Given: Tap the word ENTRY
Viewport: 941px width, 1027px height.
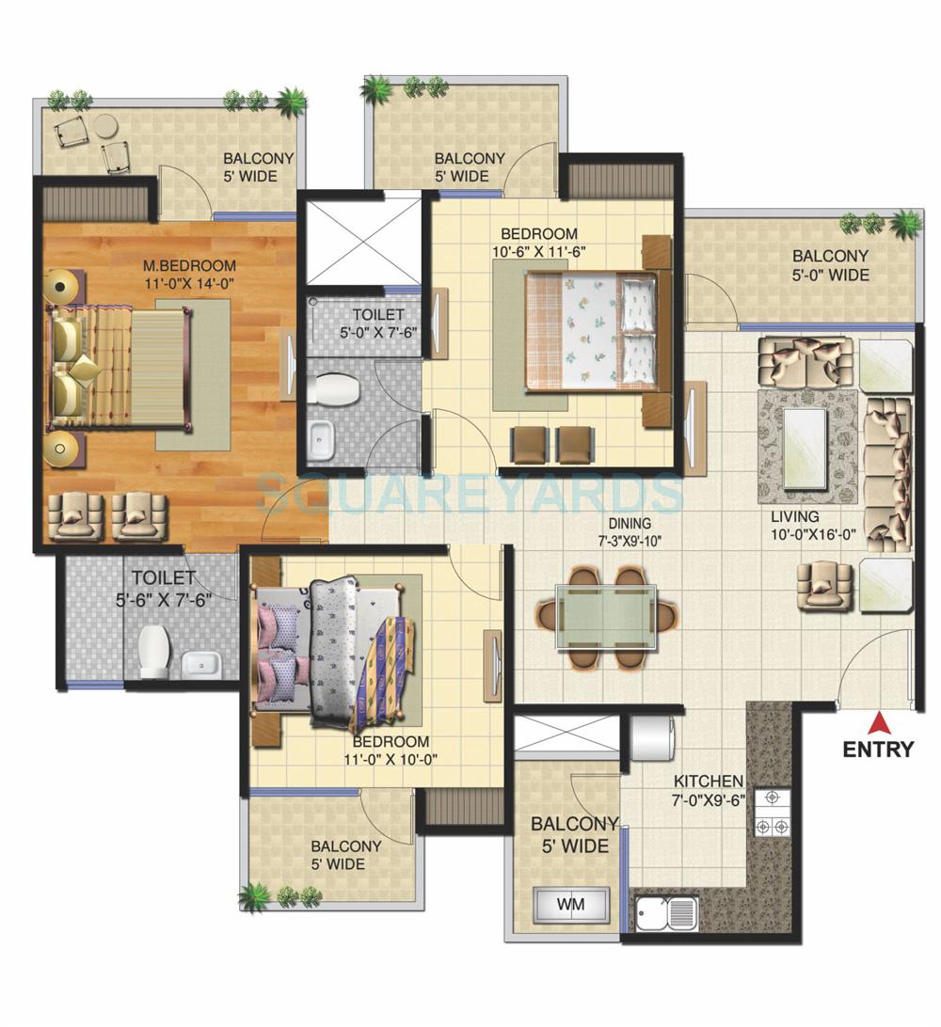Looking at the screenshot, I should [x=878, y=750].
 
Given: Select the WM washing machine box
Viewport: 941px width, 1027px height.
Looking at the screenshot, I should [x=570, y=905].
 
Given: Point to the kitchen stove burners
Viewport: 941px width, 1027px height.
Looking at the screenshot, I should [x=772, y=814].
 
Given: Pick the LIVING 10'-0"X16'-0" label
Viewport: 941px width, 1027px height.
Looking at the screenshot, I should [x=795, y=526].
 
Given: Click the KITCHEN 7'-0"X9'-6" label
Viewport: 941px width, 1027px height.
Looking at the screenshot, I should [x=709, y=790].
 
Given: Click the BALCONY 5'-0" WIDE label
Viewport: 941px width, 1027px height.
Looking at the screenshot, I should [x=830, y=265].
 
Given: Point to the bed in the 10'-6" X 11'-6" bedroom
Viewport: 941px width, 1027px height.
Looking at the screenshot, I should [x=591, y=329].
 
